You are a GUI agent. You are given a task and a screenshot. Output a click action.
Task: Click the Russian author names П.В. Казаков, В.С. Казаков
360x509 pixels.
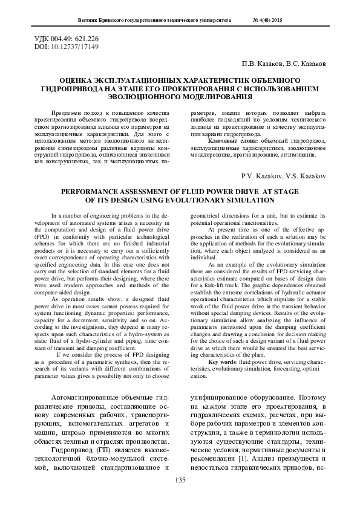[x=284, y=63]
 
